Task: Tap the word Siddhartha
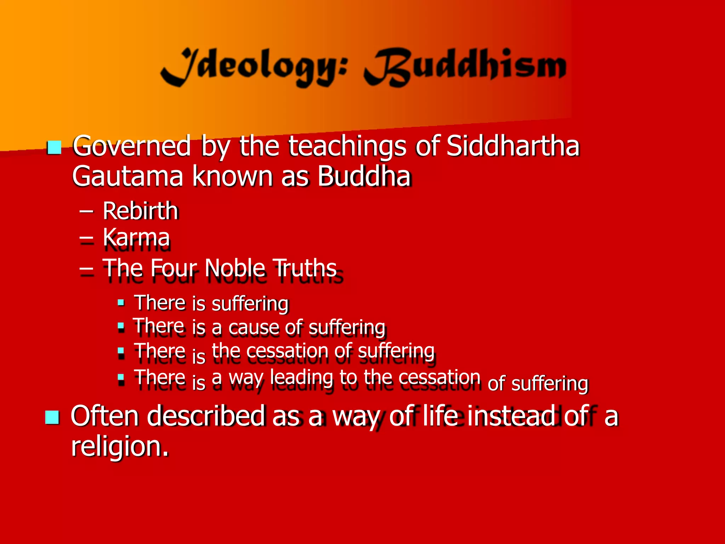tap(513, 146)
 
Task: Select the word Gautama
tap(127, 176)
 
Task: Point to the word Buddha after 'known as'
tap(364, 176)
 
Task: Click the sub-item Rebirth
tap(140, 211)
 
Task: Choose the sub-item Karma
tap(136, 237)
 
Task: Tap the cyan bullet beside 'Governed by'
tap(54, 147)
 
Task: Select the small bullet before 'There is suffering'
tap(121, 302)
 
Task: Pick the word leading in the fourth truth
tap(301, 378)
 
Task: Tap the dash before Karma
tap(87, 238)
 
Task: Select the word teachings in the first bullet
tap(347, 147)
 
